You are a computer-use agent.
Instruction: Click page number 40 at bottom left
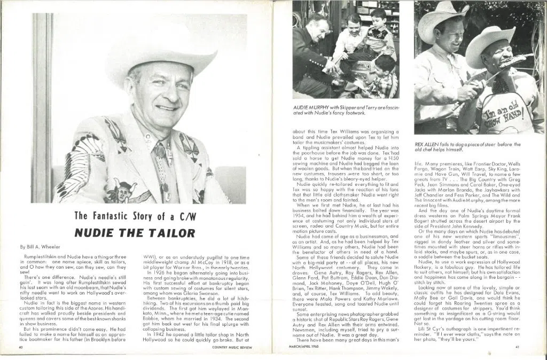20,348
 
